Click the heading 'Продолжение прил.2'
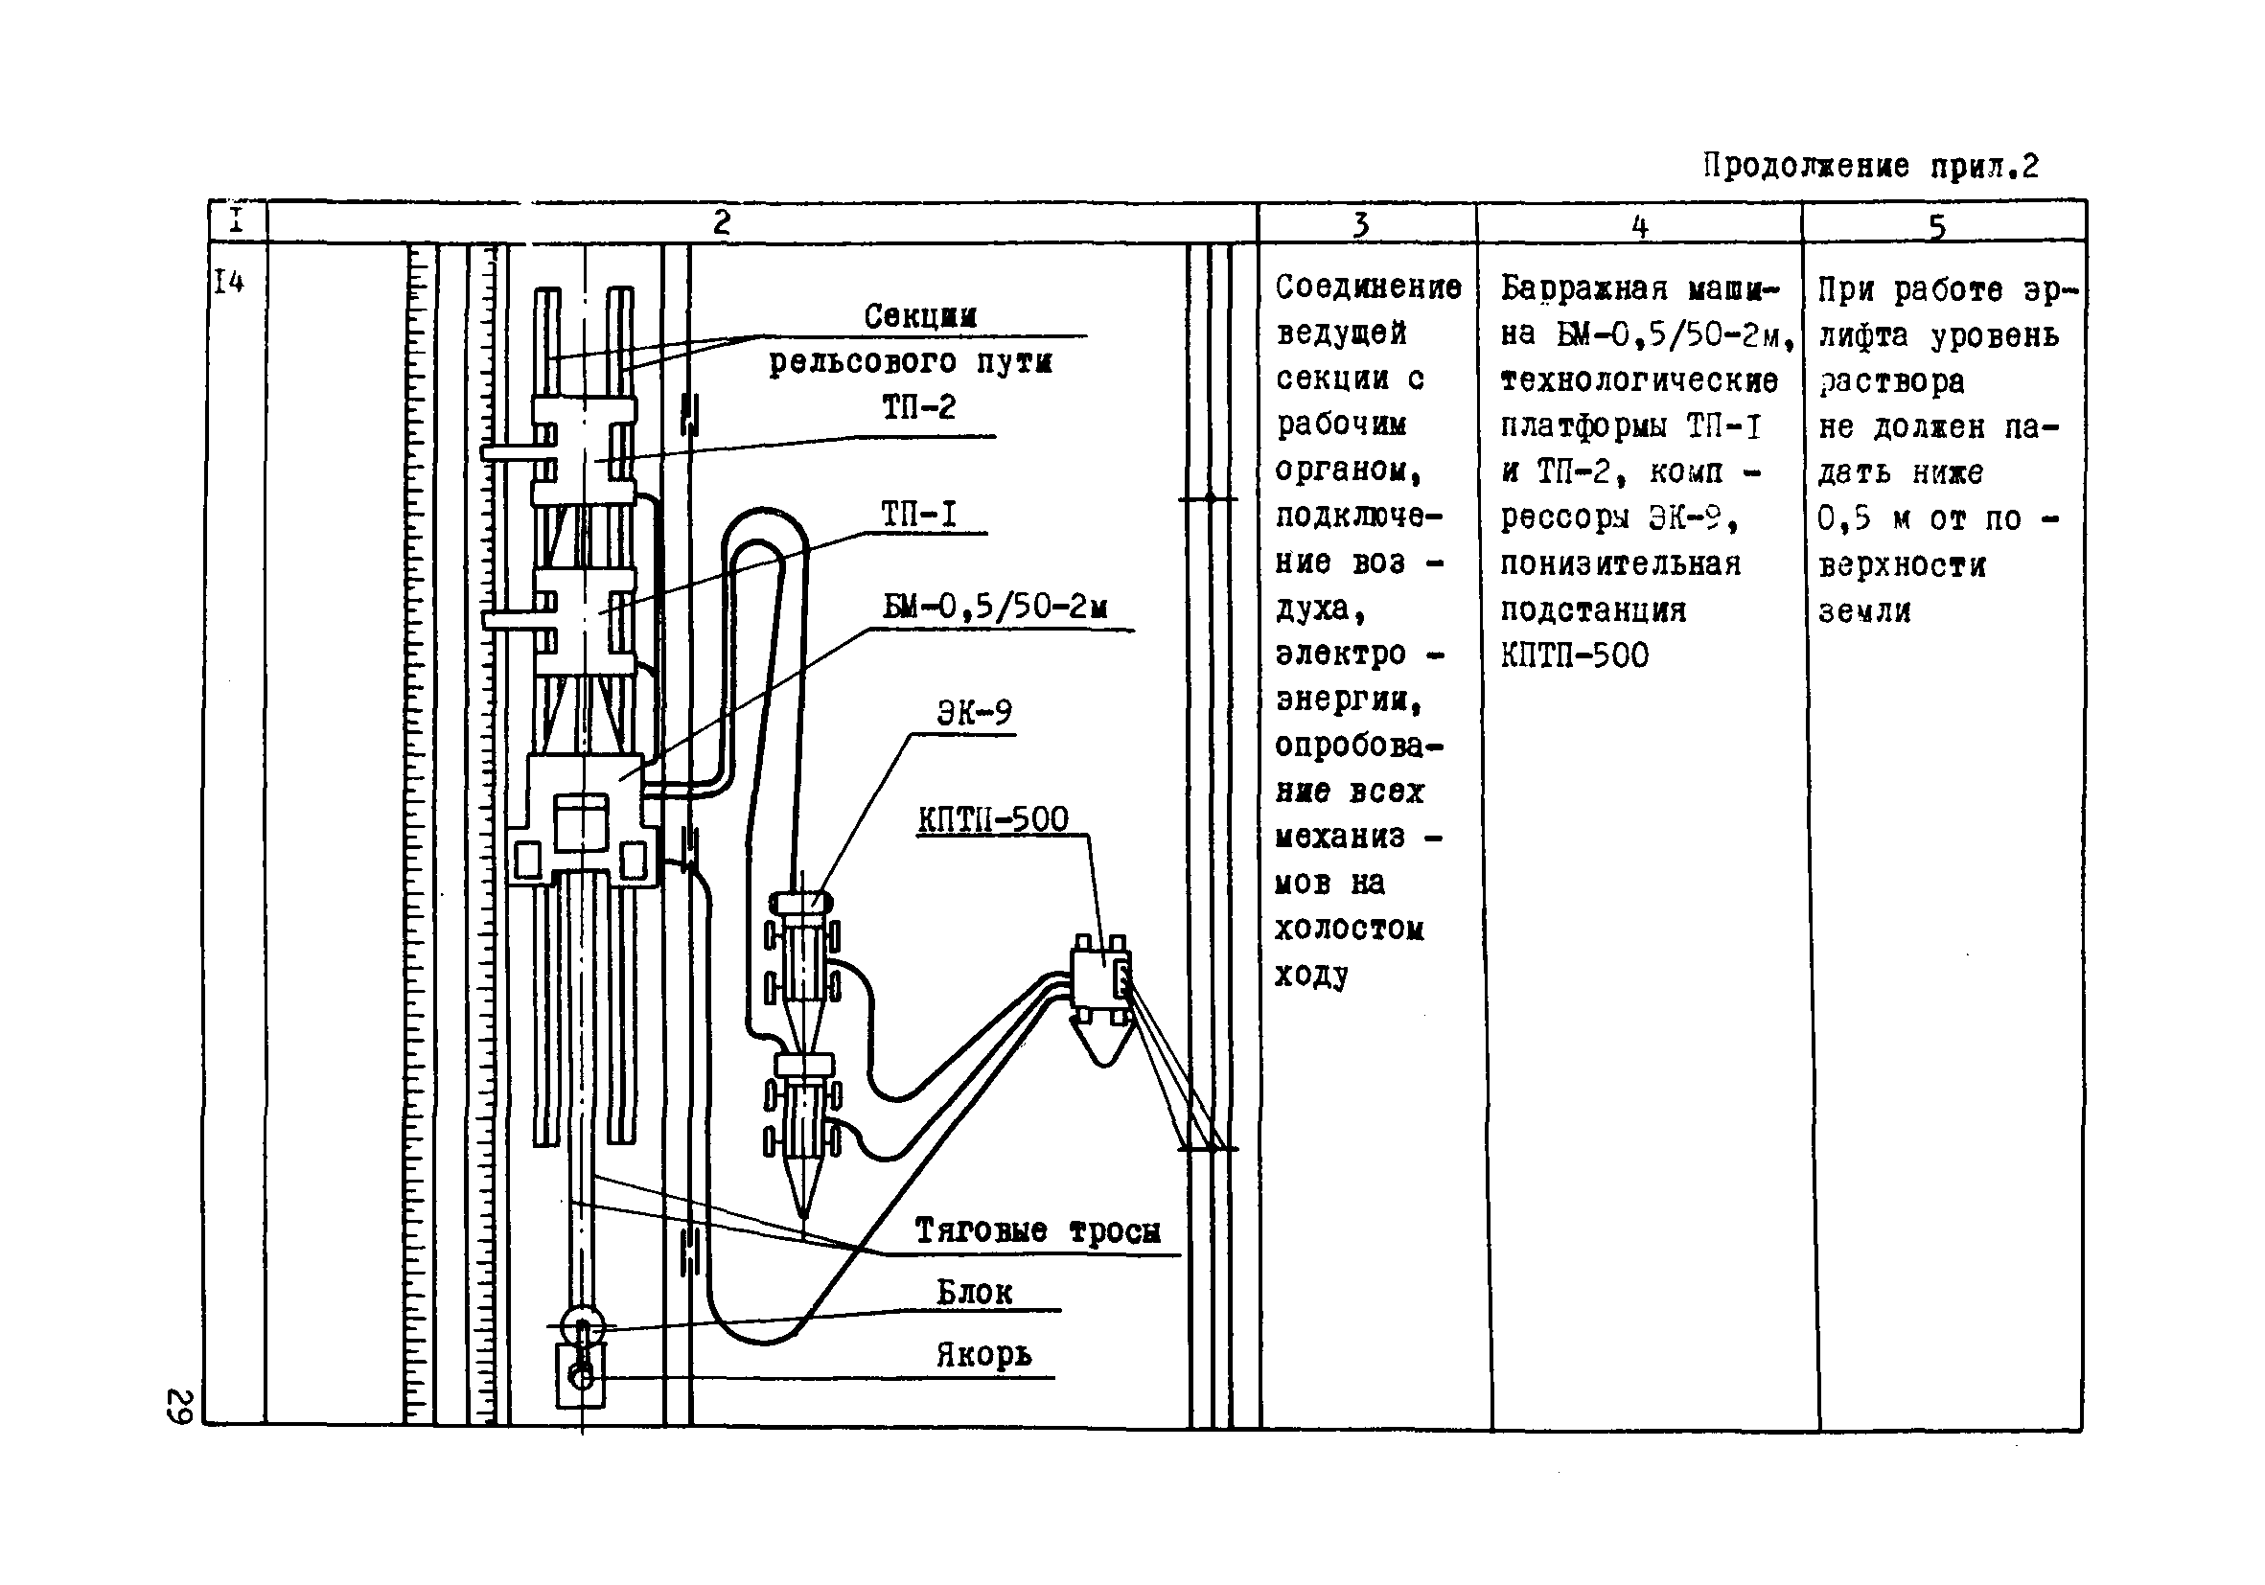tap(1870, 166)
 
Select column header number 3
tap(1361, 225)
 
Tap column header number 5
tap(1936, 227)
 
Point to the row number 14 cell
tap(229, 283)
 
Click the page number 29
tap(179, 1407)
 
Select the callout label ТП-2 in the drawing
tap(918, 407)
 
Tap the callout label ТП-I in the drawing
tap(918, 514)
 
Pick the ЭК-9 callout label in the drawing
tap(974, 712)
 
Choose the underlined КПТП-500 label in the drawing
tap(992, 819)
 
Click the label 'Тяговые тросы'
tap(1037, 1231)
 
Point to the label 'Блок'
tap(974, 1292)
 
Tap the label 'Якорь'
tap(983, 1355)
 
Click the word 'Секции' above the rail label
tap(919, 316)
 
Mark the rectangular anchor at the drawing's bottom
tap(581, 1377)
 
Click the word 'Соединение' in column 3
tap(1368, 288)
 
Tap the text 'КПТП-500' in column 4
tap(1575, 655)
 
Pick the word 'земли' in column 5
tap(1864, 612)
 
